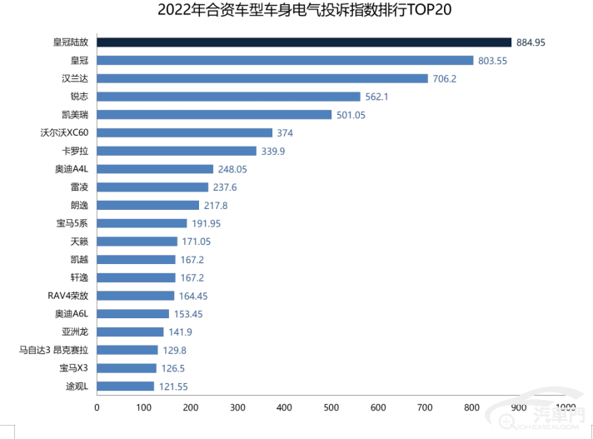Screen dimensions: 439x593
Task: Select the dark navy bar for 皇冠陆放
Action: (304, 42)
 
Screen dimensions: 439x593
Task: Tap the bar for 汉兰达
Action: (262, 78)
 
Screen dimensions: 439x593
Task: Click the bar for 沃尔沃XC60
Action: (185, 132)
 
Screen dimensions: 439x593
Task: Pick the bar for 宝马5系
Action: (142, 223)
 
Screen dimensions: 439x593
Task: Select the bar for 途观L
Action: (126, 386)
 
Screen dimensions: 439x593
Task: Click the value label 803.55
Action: (497, 60)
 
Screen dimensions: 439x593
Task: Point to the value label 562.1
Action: (377, 97)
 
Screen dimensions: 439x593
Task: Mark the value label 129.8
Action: (175, 350)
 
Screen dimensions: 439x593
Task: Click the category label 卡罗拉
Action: (75, 151)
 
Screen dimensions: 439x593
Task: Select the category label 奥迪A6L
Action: (71, 313)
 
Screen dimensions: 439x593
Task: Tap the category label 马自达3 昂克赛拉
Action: (53, 350)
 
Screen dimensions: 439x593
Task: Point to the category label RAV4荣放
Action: (67, 296)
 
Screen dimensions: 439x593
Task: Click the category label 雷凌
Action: (79, 187)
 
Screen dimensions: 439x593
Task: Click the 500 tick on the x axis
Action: (331, 407)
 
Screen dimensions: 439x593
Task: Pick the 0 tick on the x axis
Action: (97, 407)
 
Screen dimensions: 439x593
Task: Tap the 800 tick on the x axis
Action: (472, 407)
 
